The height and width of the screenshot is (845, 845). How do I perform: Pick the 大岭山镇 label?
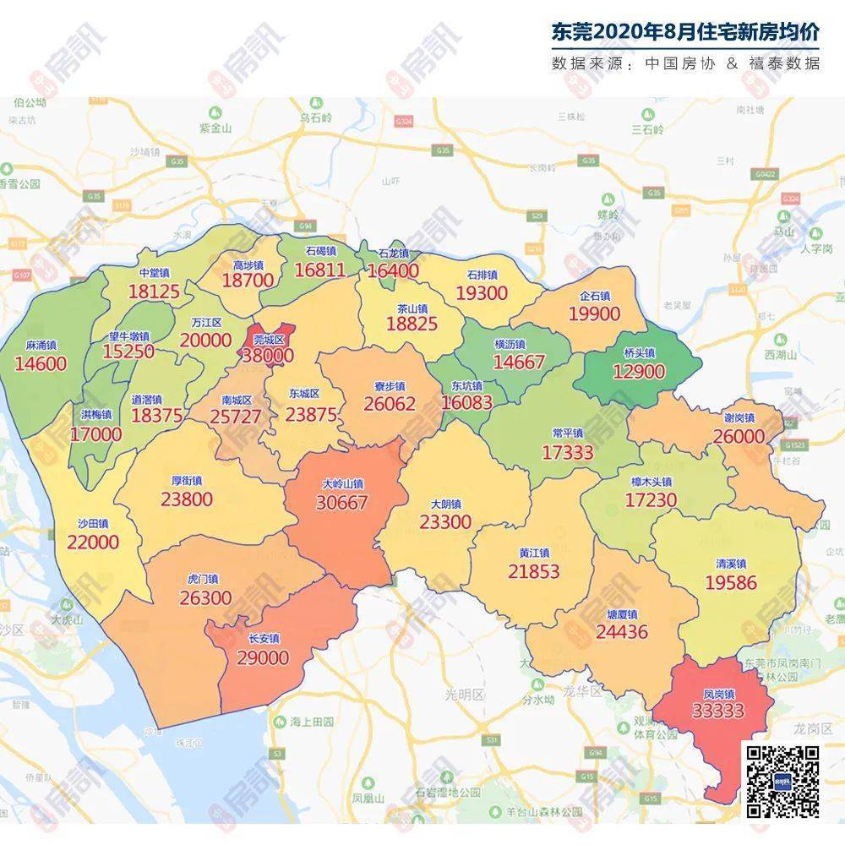tap(343, 485)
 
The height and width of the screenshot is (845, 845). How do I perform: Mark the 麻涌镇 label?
tap(41, 346)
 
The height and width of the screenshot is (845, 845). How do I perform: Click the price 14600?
tap(41, 363)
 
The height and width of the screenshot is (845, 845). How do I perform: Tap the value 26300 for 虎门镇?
tap(205, 597)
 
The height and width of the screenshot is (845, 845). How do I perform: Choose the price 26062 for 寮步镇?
tap(390, 404)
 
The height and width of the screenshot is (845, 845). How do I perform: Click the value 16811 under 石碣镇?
tap(320, 270)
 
